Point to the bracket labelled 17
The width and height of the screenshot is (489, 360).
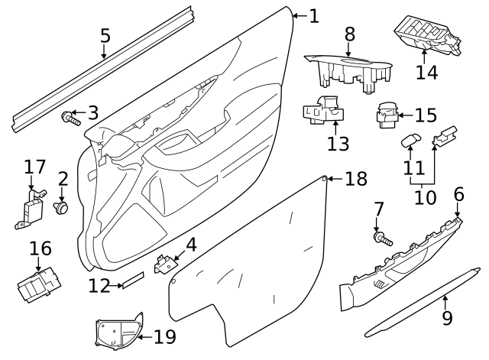tap(31, 207)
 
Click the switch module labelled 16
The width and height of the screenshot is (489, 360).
tap(37, 284)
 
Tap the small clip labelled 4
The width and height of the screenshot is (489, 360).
tap(164, 264)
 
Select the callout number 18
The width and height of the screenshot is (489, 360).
tap(356, 179)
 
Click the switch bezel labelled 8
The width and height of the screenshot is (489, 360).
tap(348, 66)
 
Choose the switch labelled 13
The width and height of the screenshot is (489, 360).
tap(324, 112)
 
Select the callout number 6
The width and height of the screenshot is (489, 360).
tap(458, 194)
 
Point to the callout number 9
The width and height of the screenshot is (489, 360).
tap(447, 316)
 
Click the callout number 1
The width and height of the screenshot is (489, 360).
tap(314, 15)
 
